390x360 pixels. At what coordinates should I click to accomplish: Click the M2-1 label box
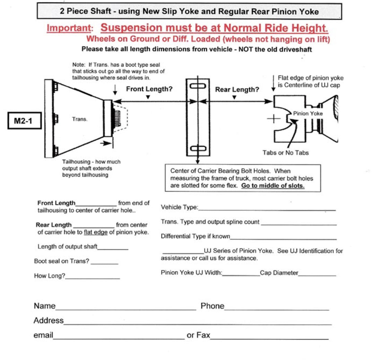click(23, 122)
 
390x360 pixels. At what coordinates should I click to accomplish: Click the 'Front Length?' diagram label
click(149, 89)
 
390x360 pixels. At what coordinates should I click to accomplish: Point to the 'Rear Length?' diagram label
click(237, 89)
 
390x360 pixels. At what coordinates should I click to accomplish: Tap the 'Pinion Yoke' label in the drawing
click(308, 113)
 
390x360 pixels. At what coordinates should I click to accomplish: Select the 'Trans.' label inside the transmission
click(80, 119)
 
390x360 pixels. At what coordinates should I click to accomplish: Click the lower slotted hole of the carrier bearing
click(197, 148)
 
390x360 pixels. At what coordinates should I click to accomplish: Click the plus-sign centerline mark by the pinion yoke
click(274, 119)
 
